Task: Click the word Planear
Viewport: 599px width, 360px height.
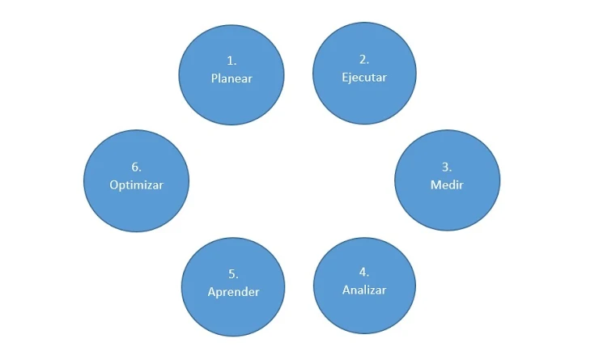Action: [x=232, y=78]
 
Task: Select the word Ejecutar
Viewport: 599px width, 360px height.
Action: [x=364, y=78]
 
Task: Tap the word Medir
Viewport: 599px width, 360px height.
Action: [x=447, y=184]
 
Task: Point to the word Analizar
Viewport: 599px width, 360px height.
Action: [x=364, y=290]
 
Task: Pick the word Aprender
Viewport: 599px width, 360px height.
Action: [x=232, y=291]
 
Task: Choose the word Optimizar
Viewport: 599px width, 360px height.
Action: [x=136, y=184]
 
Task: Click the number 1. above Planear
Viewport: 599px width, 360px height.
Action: [x=232, y=61]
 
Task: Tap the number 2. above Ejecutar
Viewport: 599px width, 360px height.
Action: [x=364, y=59]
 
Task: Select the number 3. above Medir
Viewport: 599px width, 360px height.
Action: [x=447, y=167]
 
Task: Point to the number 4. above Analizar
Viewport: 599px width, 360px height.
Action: [x=364, y=272]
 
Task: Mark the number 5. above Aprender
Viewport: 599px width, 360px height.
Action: [x=232, y=273]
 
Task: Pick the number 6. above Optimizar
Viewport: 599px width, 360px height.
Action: [x=136, y=167]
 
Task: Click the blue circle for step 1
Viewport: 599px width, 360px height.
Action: [x=232, y=97]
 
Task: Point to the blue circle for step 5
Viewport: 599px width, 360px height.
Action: [x=232, y=311]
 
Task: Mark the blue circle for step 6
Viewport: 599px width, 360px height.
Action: [x=136, y=205]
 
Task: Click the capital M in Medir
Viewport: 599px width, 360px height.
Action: [x=435, y=184]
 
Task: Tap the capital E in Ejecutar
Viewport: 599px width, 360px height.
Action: [x=345, y=78]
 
